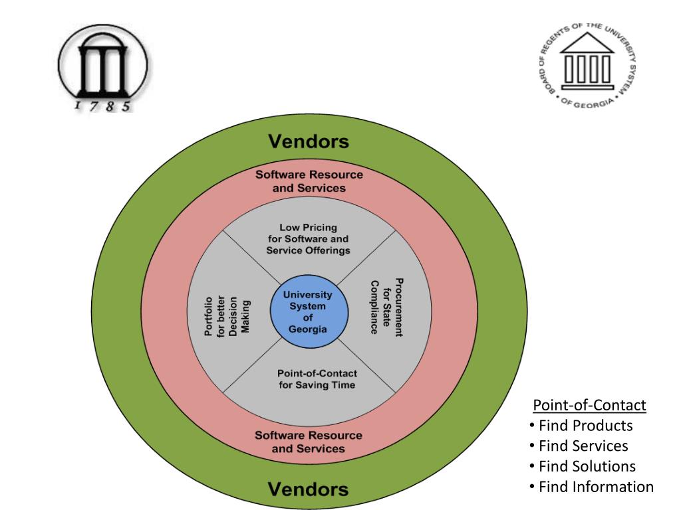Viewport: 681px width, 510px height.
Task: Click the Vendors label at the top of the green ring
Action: coord(308,141)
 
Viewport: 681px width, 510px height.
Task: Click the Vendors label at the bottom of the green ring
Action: coord(308,490)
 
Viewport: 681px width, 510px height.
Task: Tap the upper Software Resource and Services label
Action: coord(309,181)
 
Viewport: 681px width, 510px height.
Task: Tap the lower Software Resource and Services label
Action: coord(309,442)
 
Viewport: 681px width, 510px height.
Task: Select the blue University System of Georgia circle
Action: coord(309,312)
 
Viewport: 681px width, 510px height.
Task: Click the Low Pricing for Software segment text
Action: coord(308,239)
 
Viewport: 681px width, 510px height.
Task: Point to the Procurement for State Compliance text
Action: coord(386,307)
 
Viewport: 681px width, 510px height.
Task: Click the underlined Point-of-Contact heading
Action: coord(590,405)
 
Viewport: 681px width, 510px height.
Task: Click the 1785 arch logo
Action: coord(102,69)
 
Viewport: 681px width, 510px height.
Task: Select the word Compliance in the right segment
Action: coord(374,307)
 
